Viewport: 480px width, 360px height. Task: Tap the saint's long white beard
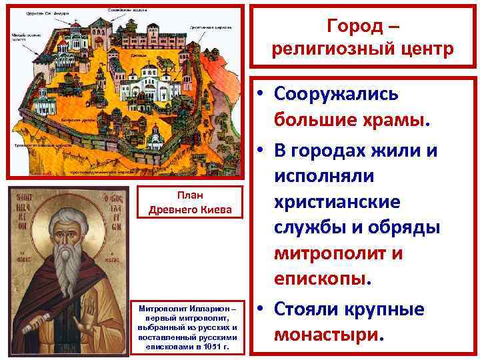pyautogui.click(x=63, y=267)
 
